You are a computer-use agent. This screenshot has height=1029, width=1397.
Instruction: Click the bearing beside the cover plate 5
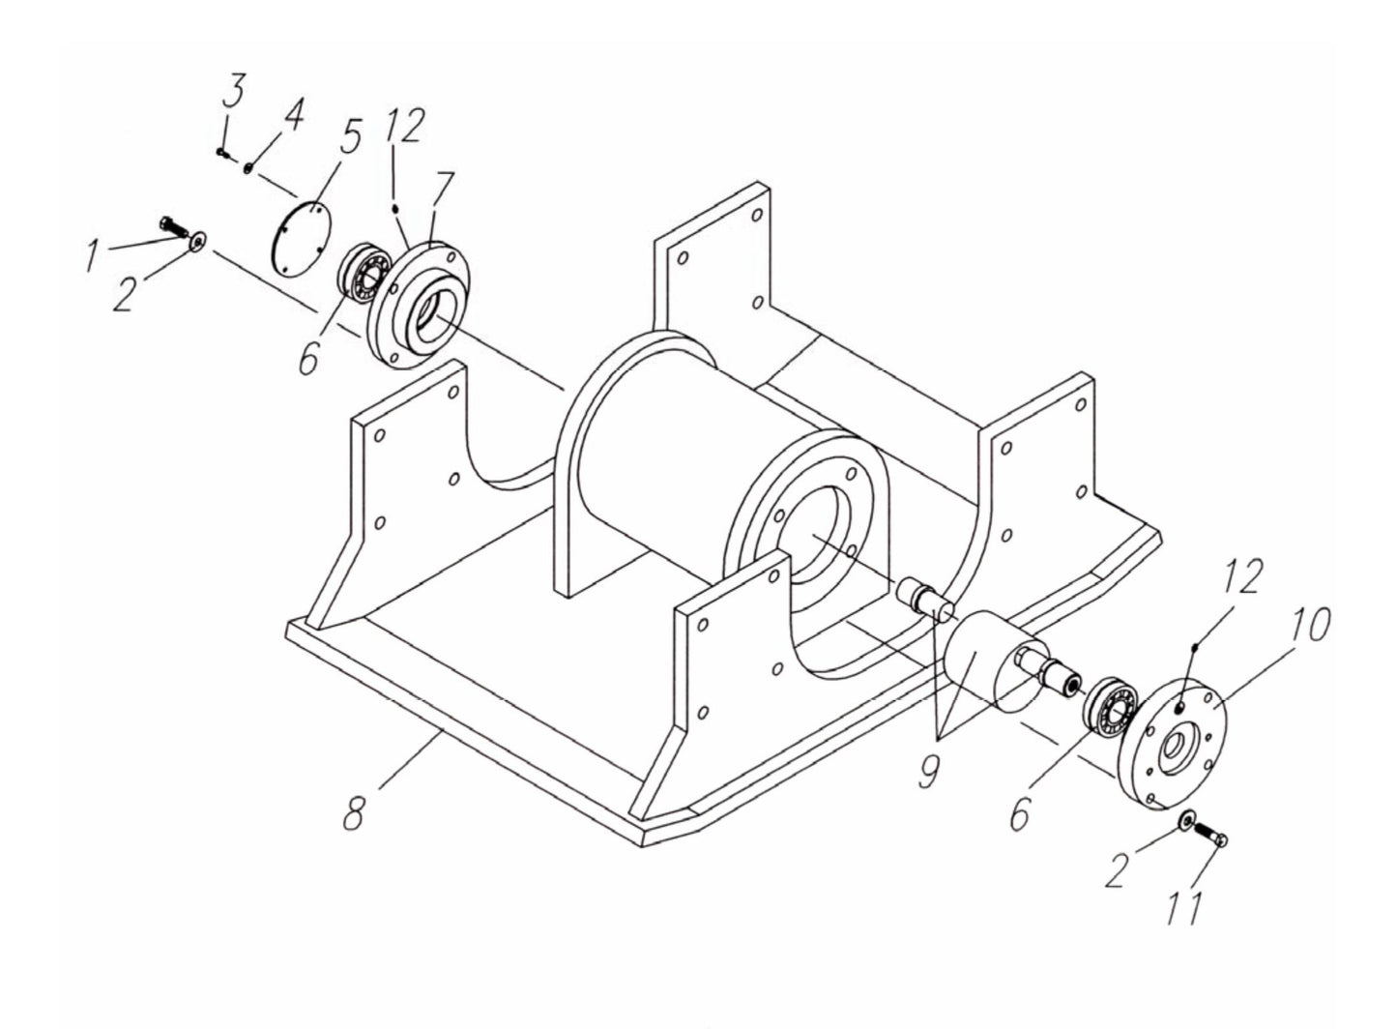(x=362, y=274)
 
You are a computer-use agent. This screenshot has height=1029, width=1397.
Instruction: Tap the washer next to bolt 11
(x=1185, y=820)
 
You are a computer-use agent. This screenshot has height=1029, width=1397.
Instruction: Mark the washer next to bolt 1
(x=198, y=241)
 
